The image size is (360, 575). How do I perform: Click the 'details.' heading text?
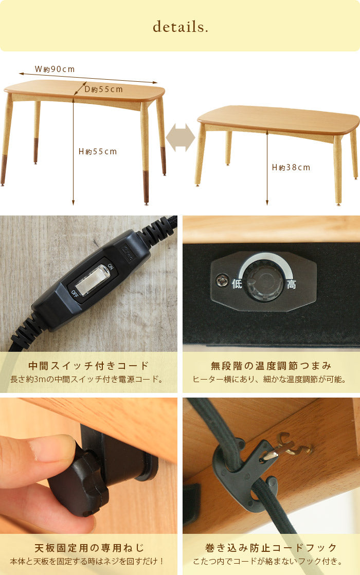180,27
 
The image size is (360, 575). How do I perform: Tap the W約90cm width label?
55,69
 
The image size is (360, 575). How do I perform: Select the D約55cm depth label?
103,89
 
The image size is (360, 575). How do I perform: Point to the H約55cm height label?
97,152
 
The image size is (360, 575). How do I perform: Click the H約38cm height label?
291,167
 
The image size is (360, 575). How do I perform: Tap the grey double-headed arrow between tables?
180,137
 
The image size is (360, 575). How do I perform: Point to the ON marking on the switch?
111,266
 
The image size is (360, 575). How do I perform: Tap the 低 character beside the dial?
237,283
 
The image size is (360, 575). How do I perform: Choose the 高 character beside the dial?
291,284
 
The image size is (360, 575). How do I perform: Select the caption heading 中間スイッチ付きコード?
88,366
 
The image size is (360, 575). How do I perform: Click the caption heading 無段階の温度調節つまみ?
271,366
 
